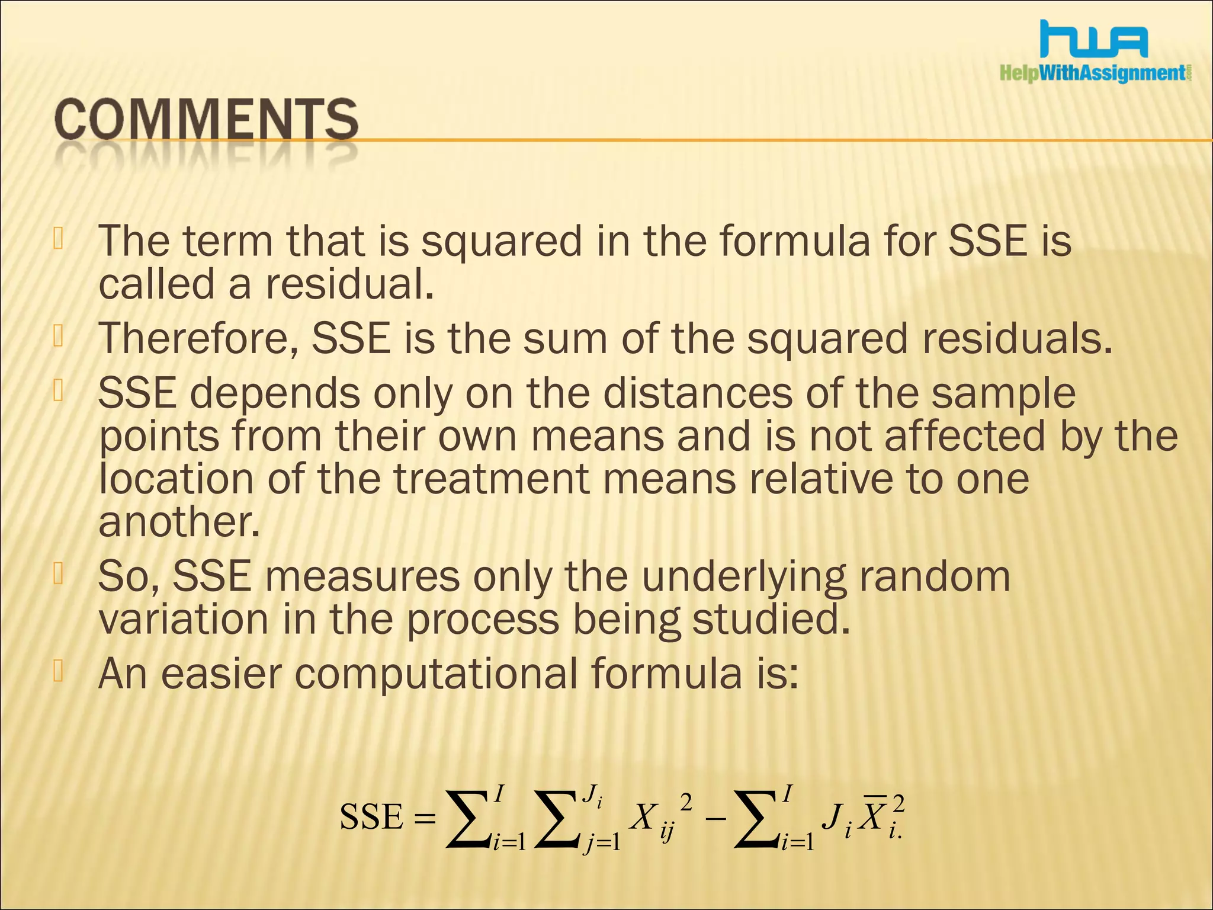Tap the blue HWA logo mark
(x=1095, y=40)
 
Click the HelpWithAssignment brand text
(x=1095, y=73)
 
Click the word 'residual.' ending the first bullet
(x=349, y=284)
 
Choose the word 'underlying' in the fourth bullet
(x=744, y=576)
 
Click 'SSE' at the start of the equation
(x=371, y=818)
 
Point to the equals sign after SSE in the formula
(x=425, y=819)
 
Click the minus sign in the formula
(x=715, y=819)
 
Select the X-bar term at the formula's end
(x=875, y=816)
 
